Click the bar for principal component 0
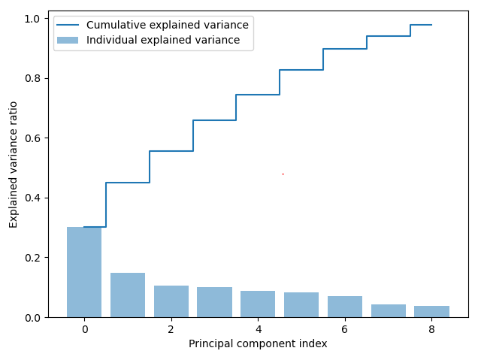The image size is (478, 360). click(84, 272)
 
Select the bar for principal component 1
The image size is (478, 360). click(128, 295)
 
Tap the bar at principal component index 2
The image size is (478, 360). click(171, 301)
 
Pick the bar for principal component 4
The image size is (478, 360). click(258, 304)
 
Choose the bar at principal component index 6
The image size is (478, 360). click(345, 307)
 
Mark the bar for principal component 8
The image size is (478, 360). click(431, 311)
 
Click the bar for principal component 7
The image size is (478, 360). click(389, 310)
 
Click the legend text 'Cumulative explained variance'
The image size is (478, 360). click(167, 25)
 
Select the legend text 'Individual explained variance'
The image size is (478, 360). click(163, 41)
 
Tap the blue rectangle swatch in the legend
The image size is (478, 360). click(68, 41)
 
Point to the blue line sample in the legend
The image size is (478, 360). click(68, 25)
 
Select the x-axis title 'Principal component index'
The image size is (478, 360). click(258, 344)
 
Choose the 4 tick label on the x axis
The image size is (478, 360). click(258, 329)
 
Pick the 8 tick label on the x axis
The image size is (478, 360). click(431, 329)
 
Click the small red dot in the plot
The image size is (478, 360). click(283, 174)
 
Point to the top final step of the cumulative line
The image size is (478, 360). click(421, 25)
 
